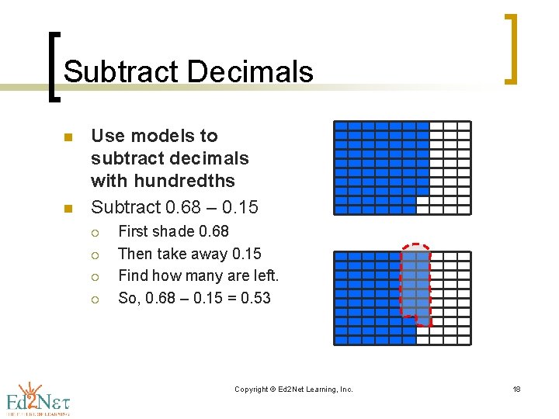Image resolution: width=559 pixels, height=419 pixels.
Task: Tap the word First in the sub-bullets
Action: point(134,231)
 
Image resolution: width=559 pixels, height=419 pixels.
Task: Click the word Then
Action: point(136,254)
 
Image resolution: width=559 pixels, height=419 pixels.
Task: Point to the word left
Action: point(264,275)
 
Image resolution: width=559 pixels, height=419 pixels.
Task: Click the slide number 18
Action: point(516,389)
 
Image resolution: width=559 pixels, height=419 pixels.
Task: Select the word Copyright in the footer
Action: point(252,389)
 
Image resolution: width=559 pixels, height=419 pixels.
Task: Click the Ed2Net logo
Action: point(37,399)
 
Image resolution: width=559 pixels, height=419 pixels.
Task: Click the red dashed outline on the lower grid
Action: point(402,279)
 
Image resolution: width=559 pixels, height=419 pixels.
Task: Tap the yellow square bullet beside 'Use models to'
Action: point(68,137)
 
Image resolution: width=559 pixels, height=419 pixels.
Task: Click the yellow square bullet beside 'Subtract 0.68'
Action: point(68,209)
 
